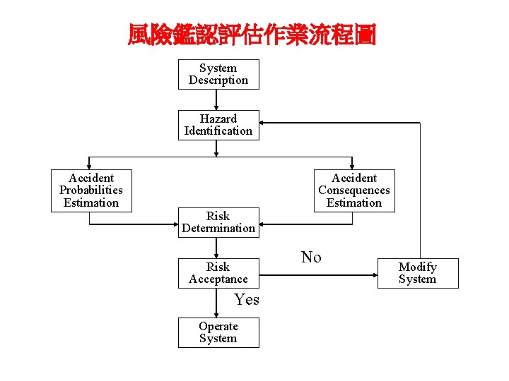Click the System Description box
point(218,74)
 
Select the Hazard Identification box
point(218,125)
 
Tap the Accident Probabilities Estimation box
point(90,190)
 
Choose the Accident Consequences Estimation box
point(353,190)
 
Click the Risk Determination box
point(218,222)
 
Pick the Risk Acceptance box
point(218,273)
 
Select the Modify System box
point(417,273)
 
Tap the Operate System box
point(218,332)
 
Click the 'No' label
point(311,258)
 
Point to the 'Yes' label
point(247,300)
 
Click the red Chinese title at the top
point(252,35)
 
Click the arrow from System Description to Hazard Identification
point(218,99)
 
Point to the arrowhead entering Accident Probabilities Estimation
point(89,166)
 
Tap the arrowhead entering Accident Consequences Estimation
point(352,166)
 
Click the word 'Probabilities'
point(90,190)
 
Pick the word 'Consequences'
point(353,190)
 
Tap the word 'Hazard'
point(218,119)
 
